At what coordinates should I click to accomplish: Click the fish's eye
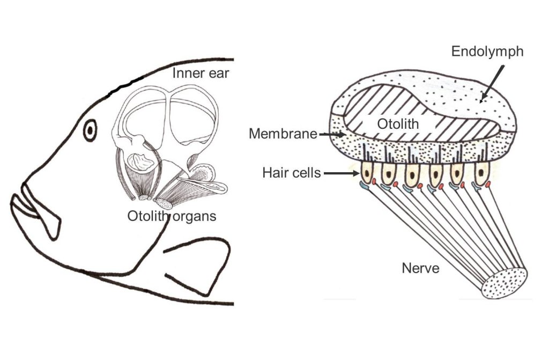90,129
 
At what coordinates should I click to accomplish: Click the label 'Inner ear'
201,73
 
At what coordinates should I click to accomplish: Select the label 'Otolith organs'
172,216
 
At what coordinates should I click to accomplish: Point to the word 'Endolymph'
487,52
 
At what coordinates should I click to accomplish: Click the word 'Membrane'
283,134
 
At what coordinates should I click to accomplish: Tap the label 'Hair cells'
292,173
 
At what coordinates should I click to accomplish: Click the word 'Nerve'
420,268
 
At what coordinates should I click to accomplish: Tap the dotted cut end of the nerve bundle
505,283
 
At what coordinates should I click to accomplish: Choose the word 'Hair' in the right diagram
274,173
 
